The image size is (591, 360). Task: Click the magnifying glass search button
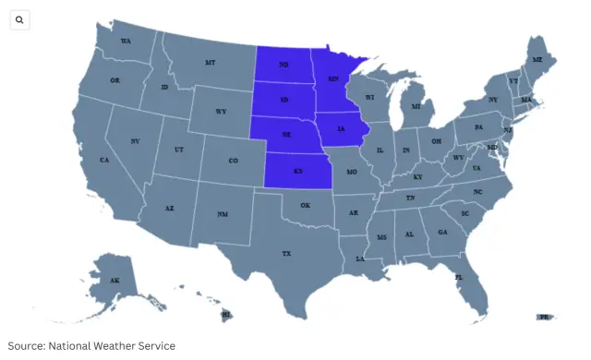20,19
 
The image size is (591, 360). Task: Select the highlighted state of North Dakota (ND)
283,65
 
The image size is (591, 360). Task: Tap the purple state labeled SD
283,100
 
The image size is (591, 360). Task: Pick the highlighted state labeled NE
286,135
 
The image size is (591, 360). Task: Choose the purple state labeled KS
298,171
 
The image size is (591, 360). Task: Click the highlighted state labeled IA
342,129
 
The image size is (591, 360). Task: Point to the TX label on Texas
286,253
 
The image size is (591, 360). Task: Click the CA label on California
104,160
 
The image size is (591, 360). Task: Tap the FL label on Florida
458,276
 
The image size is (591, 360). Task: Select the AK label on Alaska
115,280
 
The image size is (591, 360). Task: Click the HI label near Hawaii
225,315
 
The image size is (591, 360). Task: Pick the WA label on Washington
126,42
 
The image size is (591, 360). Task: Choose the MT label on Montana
210,62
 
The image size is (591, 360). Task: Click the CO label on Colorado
233,160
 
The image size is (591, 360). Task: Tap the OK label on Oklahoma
305,205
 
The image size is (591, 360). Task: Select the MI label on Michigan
416,106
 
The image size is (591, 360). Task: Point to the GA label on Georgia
442,232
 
